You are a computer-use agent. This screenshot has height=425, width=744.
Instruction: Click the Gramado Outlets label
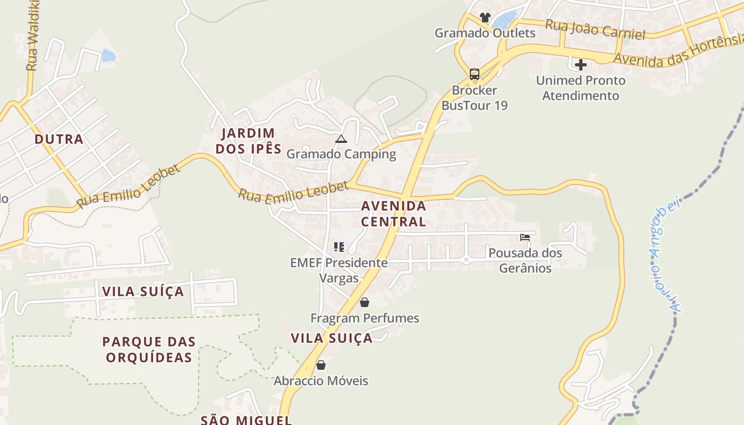[x=485, y=33]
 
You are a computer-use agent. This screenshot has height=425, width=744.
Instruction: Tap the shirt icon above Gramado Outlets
[x=485, y=18]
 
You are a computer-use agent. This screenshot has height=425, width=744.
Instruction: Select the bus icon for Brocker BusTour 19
[x=475, y=74]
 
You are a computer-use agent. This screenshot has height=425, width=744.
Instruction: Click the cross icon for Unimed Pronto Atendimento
[x=581, y=65]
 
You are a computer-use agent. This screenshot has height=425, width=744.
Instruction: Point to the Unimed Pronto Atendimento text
[x=580, y=88]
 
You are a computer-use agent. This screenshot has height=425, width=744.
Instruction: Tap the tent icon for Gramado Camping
[x=341, y=139]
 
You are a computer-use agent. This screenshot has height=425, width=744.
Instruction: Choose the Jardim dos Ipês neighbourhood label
[x=248, y=141]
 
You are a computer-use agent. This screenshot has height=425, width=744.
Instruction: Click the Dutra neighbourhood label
[x=59, y=139]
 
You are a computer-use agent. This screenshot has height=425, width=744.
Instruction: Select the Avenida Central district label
[x=394, y=214]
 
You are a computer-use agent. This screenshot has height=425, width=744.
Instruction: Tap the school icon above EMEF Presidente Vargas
[x=339, y=247]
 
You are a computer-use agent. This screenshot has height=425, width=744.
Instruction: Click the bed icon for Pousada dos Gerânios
[x=525, y=237]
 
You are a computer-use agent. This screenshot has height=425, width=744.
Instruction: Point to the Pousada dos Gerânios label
[x=525, y=260]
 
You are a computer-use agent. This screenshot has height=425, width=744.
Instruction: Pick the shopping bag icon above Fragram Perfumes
[x=365, y=303]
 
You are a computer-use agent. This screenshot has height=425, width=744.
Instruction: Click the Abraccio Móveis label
[x=320, y=381]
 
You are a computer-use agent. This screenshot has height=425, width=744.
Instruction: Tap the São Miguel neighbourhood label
[x=246, y=420]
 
